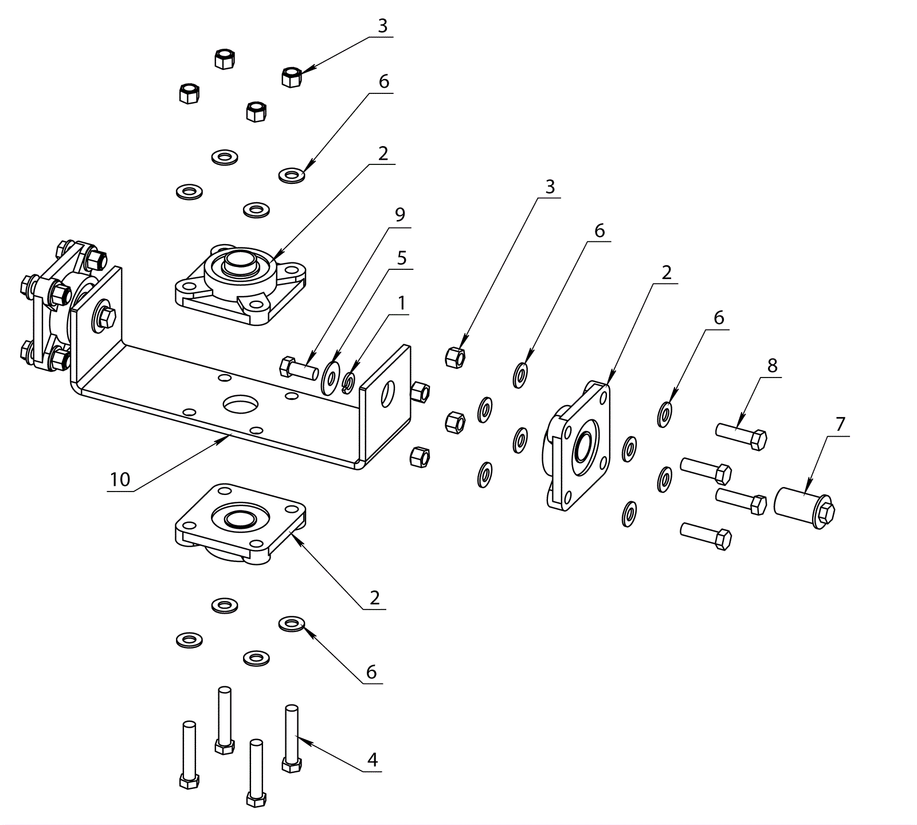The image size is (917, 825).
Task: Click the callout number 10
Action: pyautogui.click(x=120, y=479)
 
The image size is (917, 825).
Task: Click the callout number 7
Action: pyautogui.click(x=840, y=425)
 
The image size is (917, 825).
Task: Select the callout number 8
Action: pyautogui.click(x=773, y=365)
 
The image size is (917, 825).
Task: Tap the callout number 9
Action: pyautogui.click(x=400, y=214)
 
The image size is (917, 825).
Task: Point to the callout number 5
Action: pyautogui.click(x=402, y=258)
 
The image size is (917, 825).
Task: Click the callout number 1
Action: pyautogui.click(x=402, y=303)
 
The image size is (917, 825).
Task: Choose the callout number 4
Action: pyautogui.click(x=373, y=760)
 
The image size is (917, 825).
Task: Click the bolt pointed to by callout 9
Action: pyautogui.click(x=299, y=367)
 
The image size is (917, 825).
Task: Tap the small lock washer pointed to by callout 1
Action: pyautogui.click(x=348, y=383)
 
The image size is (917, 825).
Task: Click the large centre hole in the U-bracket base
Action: pyautogui.click(x=241, y=404)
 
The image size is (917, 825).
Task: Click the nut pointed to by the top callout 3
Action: pyautogui.click(x=292, y=76)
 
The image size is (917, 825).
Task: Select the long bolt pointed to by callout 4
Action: pyautogui.click(x=292, y=738)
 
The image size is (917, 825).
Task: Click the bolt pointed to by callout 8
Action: pyautogui.click(x=741, y=436)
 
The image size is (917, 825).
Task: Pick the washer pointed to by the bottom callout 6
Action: pyautogui.click(x=292, y=623)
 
